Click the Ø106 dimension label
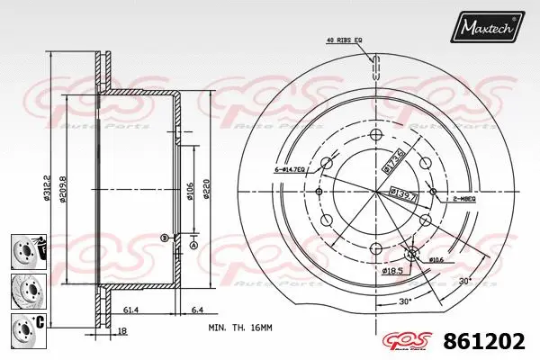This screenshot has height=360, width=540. (191, 192)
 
